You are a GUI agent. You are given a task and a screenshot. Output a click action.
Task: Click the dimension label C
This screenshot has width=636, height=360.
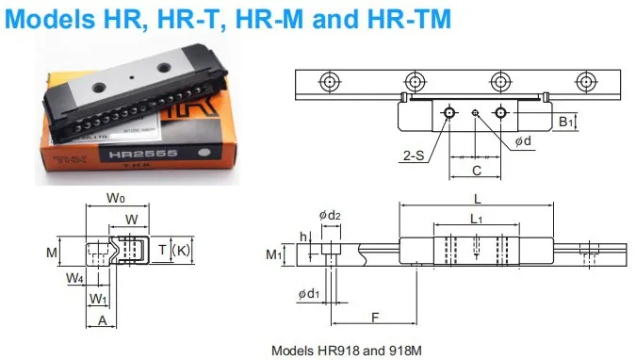[477, 171]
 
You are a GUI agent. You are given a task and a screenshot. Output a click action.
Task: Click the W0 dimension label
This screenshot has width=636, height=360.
[116, 198]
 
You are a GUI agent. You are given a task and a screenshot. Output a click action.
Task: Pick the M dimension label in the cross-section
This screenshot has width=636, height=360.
[52, 253]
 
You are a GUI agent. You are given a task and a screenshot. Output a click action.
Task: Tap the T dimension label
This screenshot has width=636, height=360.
[162, 250]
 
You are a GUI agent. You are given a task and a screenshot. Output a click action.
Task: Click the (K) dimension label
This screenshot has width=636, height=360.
[182, 250]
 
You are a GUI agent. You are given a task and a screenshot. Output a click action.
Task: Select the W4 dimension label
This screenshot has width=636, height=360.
[73, 278]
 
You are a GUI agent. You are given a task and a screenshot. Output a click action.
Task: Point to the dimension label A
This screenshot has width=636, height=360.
[102, 320]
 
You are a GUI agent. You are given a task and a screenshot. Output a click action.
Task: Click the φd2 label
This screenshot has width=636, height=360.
[329, 217]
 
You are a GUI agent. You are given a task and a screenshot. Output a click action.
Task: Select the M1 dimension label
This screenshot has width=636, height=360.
[274, 254]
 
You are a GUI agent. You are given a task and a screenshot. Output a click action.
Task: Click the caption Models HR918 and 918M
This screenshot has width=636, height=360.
[348, 349]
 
